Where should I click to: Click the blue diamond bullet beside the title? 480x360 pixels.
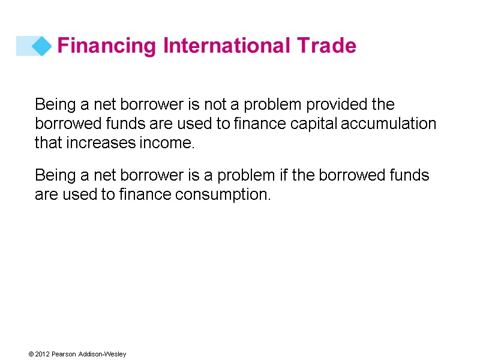tap(41, 46)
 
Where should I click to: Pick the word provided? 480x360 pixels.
tap(337, 104)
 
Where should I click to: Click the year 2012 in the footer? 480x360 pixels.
tap(41, 354)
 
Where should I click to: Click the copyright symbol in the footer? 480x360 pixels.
tap(30, 354)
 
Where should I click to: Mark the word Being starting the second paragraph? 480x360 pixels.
tap(55, 175)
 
